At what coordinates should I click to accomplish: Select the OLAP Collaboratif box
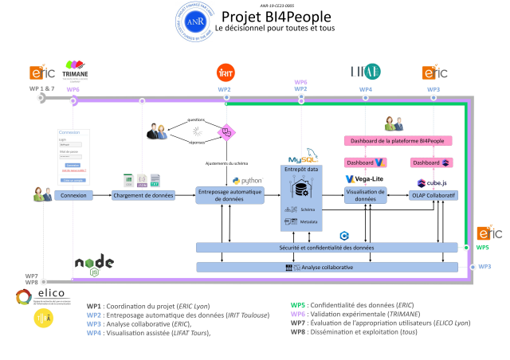pos(433,195)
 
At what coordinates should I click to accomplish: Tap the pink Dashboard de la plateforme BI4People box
pos(398,141)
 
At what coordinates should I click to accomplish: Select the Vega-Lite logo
pos(365,178)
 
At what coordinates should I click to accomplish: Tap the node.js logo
pos(94,264)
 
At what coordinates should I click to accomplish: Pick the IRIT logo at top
pos(226,72)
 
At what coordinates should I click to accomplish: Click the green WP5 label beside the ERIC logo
pos(483,248)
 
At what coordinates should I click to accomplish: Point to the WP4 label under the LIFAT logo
pos(365,89)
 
